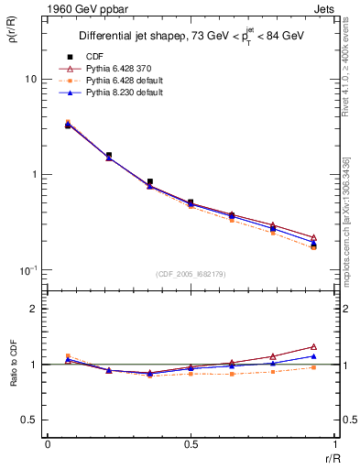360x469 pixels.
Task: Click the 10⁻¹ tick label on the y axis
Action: (30, 269)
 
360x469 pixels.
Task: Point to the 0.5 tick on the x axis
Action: (191, 444)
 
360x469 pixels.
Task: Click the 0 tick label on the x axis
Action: (48, 444)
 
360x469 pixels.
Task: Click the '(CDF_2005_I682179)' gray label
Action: (191, 274)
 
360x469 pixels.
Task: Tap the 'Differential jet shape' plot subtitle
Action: (128, 36)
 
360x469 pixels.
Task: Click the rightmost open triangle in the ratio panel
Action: (313, 347)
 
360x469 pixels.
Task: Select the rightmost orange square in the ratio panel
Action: (313, 367)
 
